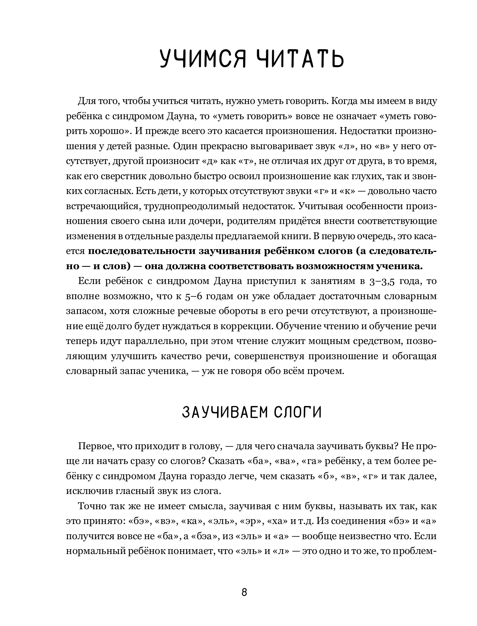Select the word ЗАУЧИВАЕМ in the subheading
pyautogui.click(x=219, y=412)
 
